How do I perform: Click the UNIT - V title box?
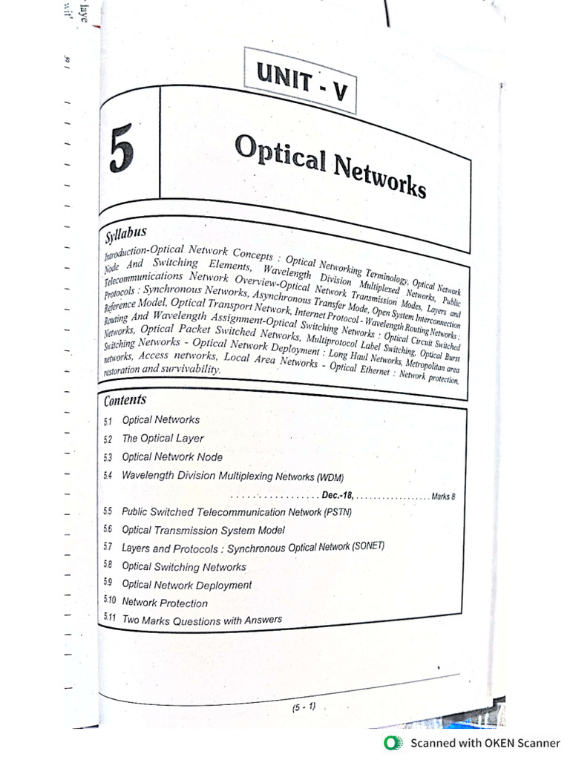pos(300,80)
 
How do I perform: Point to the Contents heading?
pos(125,400)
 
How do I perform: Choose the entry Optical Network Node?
pos(172,457)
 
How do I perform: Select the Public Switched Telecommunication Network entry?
pos(236,512)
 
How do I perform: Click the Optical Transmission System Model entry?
pos(203,530)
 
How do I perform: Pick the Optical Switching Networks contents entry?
pos(183,566)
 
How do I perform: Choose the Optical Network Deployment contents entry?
pos(186,585)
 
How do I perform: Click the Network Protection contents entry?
pos(165,603)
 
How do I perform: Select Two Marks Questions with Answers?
pos(202,620)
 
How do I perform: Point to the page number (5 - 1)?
pos(304,707)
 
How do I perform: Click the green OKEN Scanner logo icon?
pos(390,742)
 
